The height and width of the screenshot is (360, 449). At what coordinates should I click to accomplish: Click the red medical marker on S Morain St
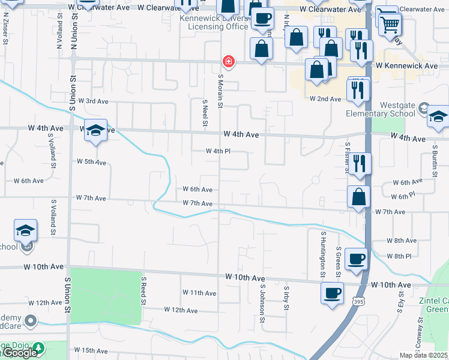tap(228, 61)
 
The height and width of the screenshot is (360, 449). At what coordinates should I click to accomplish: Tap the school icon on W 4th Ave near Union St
tap(95, 131)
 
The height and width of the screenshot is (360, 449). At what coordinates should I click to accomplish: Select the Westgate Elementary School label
tap(381, 109)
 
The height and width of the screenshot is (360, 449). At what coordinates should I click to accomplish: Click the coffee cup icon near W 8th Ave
tap(357, 258)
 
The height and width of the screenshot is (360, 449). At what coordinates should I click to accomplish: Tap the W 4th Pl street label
tap(218, 152)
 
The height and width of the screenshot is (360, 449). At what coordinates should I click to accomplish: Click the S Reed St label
tap(144, 291)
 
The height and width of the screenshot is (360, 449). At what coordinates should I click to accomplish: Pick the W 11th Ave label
tap(199, 293)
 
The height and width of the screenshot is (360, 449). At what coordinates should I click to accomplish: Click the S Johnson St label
tap(262, 303)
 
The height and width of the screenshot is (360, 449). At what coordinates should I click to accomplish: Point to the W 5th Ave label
tap(91, 162)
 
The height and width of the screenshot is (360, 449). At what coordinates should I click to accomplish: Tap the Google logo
tap(20, 353)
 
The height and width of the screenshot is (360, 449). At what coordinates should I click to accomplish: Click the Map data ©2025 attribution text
tap(423, 355)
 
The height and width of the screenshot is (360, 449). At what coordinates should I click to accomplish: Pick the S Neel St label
tap(205, 113)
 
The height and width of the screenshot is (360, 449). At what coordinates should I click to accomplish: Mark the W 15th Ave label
tap(90, 350)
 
